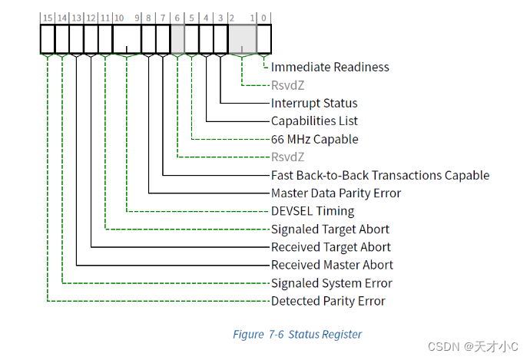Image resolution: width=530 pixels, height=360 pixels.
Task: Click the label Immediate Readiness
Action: click(x=330, y=67)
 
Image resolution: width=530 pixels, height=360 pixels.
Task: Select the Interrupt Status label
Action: click(x=314, y=103)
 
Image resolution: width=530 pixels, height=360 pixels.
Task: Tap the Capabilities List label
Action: click(x=314, y=121)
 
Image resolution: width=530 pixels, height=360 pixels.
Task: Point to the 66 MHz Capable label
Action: click(x=314, y=139)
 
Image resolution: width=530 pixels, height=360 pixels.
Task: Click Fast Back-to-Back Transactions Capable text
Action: click(x=379, y=175)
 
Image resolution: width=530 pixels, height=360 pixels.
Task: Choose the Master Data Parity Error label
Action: click(x=336, y=193)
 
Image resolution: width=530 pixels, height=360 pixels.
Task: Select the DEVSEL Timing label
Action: click(x=313, y=211)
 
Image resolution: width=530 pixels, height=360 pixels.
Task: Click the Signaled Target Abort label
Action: click(x=330, y=229)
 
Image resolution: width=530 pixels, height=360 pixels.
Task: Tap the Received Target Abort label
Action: click(x=330, y=247)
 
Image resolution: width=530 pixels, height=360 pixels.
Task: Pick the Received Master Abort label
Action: click(x=332, y=265)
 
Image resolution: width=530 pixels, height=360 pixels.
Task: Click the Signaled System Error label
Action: click(x=331, y=283)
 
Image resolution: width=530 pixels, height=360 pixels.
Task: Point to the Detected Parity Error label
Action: click(x=328, y=301)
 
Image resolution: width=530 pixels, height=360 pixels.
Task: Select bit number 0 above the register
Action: click(x=264, y=16)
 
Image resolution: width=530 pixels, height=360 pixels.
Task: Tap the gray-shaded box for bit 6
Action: click(x=177, y=38)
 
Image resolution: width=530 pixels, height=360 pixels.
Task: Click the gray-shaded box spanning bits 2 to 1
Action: click(x=243, y=38)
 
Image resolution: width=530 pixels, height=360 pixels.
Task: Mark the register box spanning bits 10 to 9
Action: click(x=127, y=38)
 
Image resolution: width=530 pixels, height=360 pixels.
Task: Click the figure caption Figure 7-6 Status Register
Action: click(x=296, y=334)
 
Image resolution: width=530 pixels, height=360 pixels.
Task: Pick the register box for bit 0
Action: click(x=264, y=38)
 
